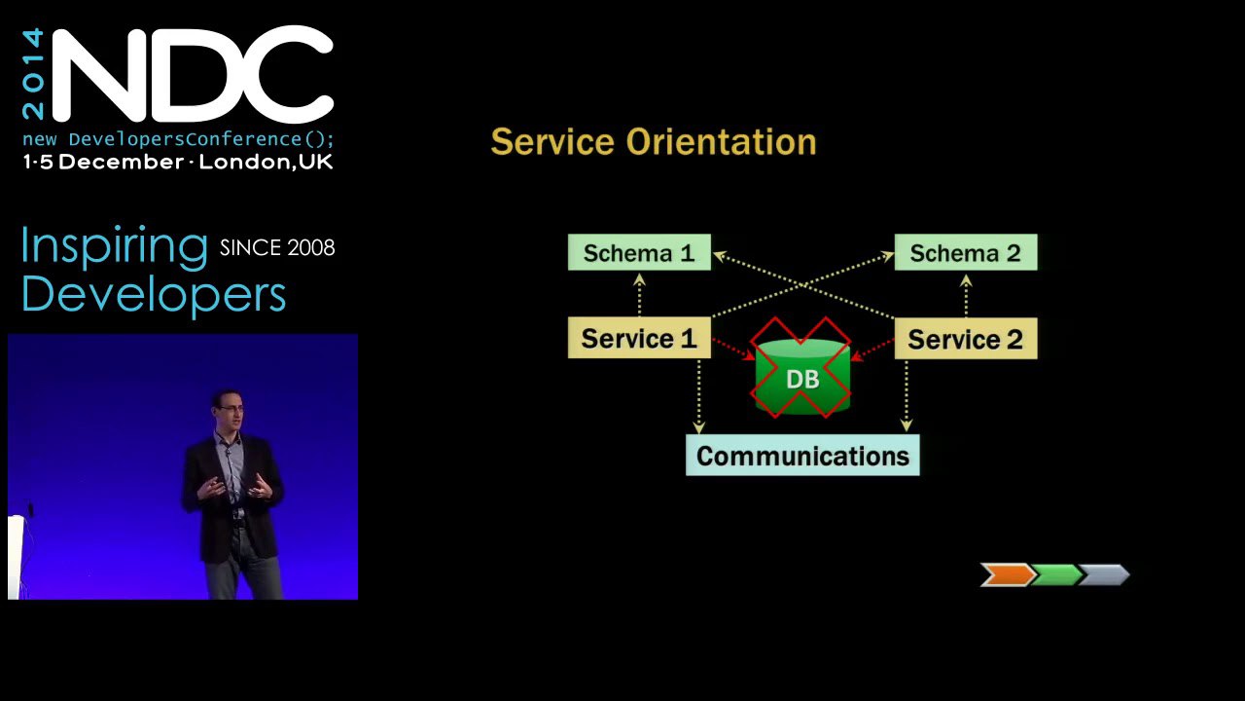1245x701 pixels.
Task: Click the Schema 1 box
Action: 639,252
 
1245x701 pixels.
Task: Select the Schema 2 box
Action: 966,252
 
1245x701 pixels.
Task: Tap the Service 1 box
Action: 639,338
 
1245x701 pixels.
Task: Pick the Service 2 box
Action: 966,338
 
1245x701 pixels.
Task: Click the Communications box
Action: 802,455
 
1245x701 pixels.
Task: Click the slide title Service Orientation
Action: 654,141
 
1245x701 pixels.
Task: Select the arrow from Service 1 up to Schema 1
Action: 640,295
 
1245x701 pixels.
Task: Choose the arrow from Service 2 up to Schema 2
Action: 966,296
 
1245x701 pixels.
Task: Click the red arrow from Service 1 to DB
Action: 733,350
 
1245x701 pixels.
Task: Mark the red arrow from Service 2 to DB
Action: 872,350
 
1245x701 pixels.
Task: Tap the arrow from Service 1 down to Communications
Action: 699,396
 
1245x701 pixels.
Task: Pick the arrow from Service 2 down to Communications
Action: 907,395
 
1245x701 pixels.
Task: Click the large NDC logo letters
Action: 193,74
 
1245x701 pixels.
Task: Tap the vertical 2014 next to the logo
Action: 33,74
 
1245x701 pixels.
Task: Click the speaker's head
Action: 228,410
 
